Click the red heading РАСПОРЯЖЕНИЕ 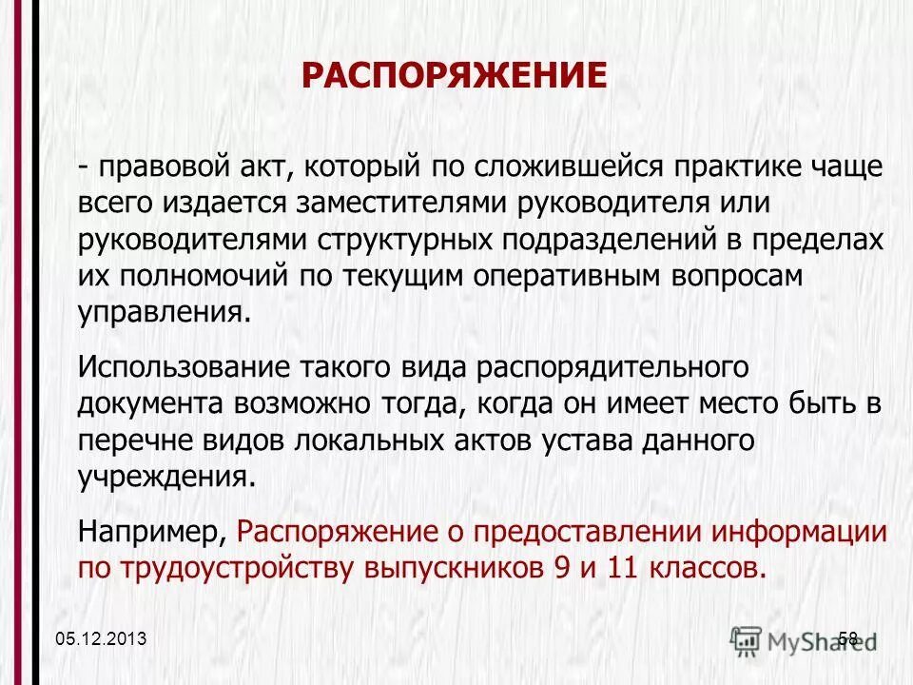click(x=454, y=76)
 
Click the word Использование click(x=185, y=364)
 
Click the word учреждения click(x=166, y=474)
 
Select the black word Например click(x=151, y=528)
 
